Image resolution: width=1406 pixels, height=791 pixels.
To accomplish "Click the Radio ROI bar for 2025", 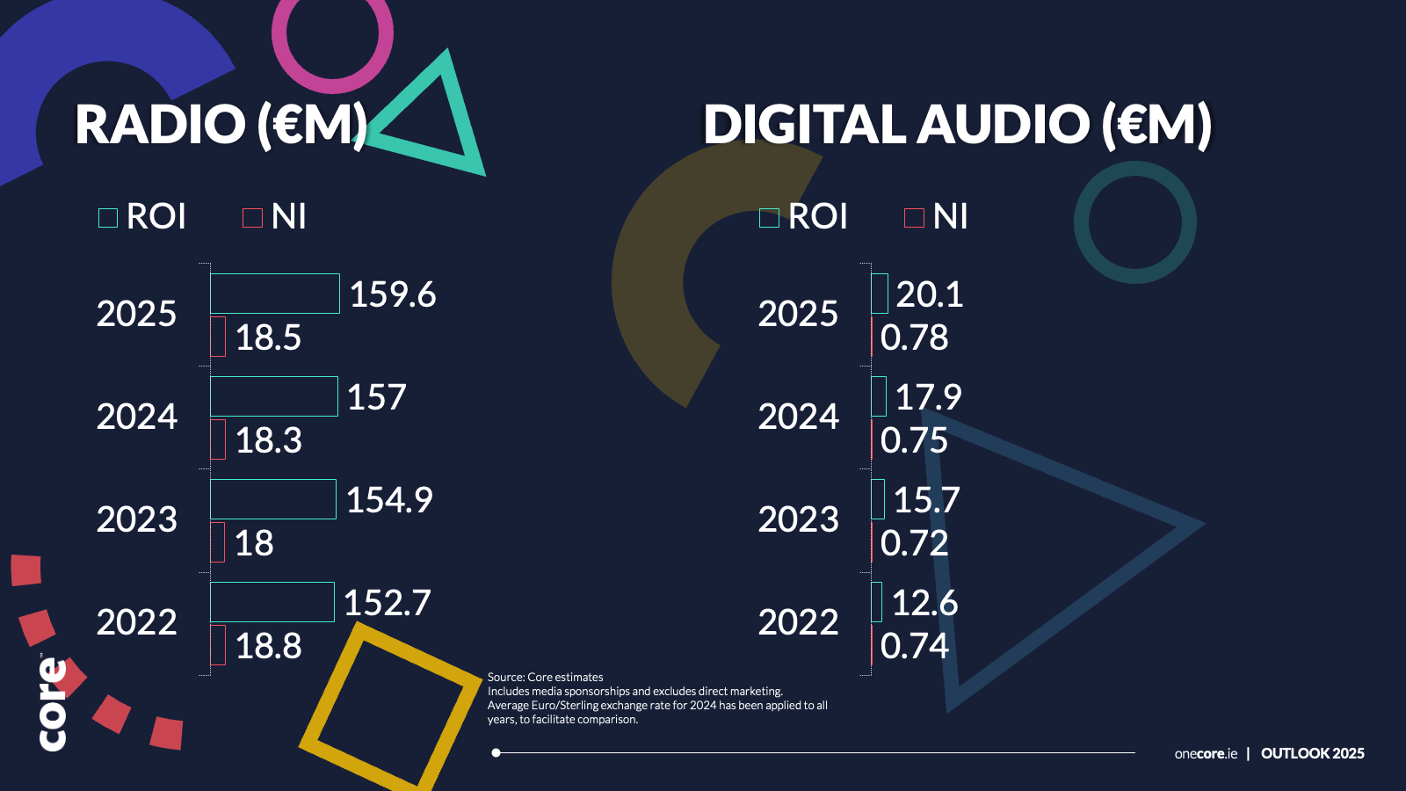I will pos(274,294).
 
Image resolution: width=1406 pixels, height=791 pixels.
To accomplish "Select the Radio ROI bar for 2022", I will pos(272,602).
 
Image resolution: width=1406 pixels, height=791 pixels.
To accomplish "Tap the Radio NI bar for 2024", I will pos(218,439).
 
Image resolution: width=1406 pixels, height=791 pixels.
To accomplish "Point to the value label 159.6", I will pos(393,294).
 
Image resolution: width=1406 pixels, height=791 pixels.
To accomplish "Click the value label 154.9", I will pos(389,500).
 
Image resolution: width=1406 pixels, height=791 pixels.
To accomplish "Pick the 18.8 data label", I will pos(268,646).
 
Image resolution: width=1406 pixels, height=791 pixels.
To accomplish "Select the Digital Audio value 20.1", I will pos(930,294).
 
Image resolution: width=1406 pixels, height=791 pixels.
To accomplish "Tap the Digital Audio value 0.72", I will pos(914,543).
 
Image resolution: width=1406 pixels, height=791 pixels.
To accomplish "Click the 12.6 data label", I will pos(924,603).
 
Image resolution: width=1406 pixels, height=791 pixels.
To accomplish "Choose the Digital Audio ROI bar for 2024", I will pos(879,396).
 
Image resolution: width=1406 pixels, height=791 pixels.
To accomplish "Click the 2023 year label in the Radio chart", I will pos(137,519).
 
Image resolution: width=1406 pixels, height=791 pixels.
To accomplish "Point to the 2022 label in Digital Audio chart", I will pos(798,622).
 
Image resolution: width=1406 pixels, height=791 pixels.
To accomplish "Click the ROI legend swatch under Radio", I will pos(108,218).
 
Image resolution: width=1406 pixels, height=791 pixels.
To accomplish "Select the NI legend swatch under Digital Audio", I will pos(914,218).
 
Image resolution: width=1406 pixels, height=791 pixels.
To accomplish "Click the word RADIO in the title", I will pos(160,124).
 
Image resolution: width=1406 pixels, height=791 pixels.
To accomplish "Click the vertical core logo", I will pos(53,703).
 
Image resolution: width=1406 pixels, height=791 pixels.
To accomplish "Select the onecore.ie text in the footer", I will pos(1206,753).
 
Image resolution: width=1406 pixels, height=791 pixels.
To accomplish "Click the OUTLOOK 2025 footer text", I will pos(1313,753).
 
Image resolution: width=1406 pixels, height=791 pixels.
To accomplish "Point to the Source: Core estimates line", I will pos(546,677).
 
